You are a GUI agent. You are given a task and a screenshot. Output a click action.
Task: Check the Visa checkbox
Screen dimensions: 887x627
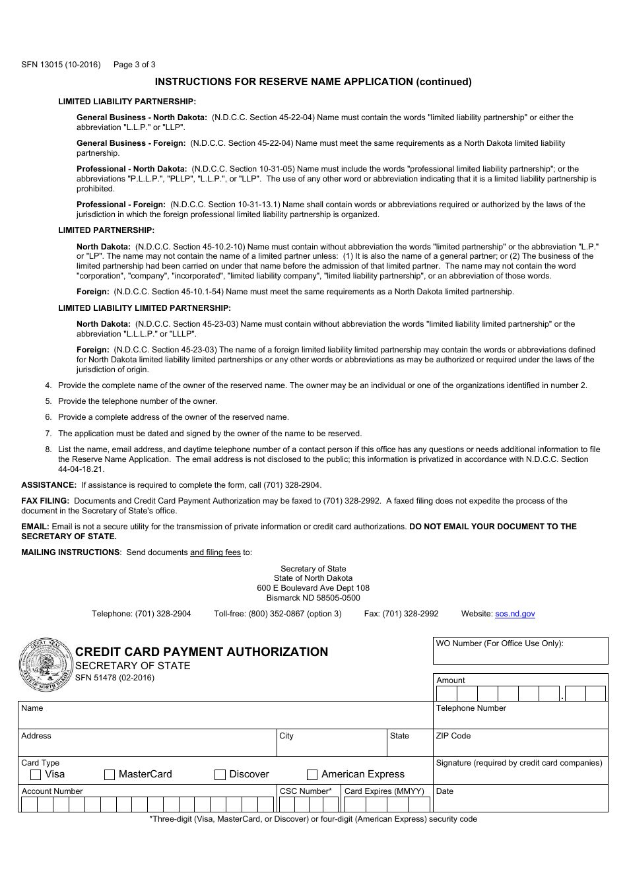pyautogui.click(x=36, y=775)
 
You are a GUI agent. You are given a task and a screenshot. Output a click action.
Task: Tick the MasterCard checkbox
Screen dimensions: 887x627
pyautogui.click(x=110, y=775)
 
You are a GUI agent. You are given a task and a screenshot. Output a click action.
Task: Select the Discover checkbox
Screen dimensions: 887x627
pyautogui.click(x=220, y=775)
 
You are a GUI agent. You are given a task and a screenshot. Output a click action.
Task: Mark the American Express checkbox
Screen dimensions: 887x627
pyautogui.click(x=312, y=775)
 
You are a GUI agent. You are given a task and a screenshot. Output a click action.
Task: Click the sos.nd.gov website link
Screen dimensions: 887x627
pyautogui.click(x=515, y=614)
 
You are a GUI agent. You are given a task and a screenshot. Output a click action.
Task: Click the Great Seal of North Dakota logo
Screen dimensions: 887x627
pyautogui.click(x=46, y=665)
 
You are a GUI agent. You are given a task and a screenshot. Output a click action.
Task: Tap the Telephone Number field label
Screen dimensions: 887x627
pyautogui.click(x=471, y=708)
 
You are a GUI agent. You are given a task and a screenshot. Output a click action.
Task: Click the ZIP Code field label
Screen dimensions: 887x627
pyautogui.click(x=453, y=736)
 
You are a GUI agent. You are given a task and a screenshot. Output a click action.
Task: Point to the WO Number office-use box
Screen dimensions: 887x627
pyautogui.click(x=521, y=651)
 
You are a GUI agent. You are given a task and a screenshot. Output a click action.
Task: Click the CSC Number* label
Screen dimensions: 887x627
pyautogui.click(x=306, y=791)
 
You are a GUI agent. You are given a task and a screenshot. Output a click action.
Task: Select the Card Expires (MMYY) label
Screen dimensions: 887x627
pyautogui.click(x=384, y=791)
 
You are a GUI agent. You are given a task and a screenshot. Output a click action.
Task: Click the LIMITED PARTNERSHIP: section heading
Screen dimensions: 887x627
pyautogui.click(x=106, y=230)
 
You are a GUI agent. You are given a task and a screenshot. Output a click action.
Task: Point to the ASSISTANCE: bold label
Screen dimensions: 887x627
pyautogui.click(x=49, y=485)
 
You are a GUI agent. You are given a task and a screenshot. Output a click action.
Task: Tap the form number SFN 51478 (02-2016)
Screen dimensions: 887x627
pyautogui.click(x=115, y=678)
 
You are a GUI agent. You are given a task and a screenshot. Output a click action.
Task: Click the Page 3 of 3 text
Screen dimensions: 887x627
pyautogui.click(x=135, y=65)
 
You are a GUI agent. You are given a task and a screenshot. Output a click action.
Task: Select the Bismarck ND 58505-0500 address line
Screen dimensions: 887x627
pyautogui.click(x=313, y=598)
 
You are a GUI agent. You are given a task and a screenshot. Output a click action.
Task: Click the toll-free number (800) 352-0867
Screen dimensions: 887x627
pyautogui.click(x=277, y=614)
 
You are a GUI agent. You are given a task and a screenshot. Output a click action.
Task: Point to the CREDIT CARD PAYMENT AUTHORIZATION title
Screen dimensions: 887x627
pyautogui.click(x=201, y=652)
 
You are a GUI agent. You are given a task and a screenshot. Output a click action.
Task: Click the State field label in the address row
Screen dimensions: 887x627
pyautogui.click(x=399, y=736)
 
